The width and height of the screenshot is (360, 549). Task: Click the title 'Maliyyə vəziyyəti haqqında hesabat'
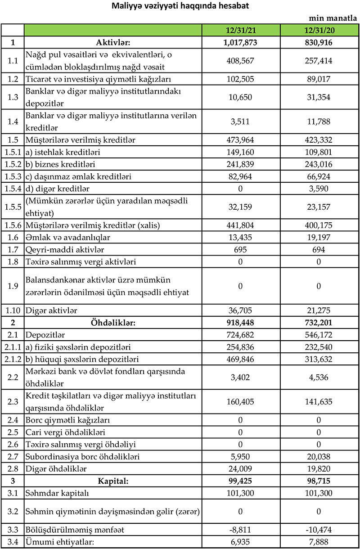click(180, 6)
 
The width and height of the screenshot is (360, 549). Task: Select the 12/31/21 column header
click(241, 31)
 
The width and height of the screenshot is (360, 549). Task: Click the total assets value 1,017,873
click(241, 43)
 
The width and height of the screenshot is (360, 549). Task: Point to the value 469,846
click(241, 359)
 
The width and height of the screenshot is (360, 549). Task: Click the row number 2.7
click(13, 456)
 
